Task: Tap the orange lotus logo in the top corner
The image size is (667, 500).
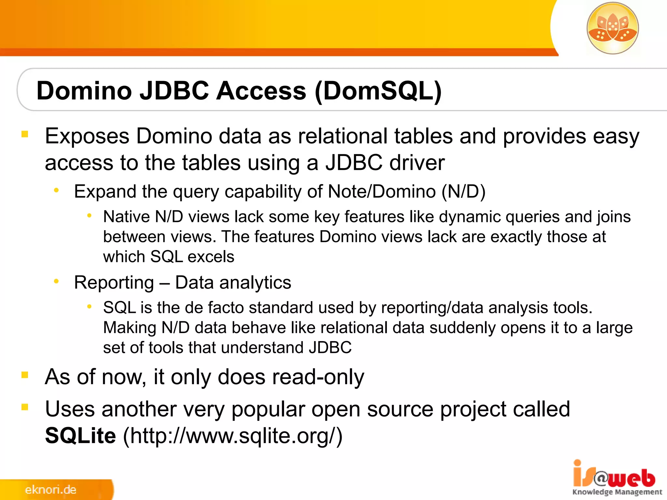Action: (x=612, y=28)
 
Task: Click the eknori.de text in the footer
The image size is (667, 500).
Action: (x=50, y=490)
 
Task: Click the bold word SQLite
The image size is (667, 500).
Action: (x=80, y=436)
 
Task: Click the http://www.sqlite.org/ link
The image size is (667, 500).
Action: (x=233, y=436)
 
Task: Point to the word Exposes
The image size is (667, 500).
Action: (x=87, y=136)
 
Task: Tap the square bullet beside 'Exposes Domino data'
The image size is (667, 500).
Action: (x=25, y=134)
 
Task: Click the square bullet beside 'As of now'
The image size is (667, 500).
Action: (x=25, y=375)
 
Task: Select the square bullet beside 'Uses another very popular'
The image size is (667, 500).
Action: (x=25, y=407)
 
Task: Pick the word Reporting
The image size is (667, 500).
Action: (x=114, y=283)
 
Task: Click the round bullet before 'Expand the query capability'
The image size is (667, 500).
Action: (x=57, y=190)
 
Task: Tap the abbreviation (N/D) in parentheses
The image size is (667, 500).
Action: (x=463, y=191)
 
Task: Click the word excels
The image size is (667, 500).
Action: (x=211, y=257)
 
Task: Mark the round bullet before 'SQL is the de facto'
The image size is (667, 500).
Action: (x=89, y=306)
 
